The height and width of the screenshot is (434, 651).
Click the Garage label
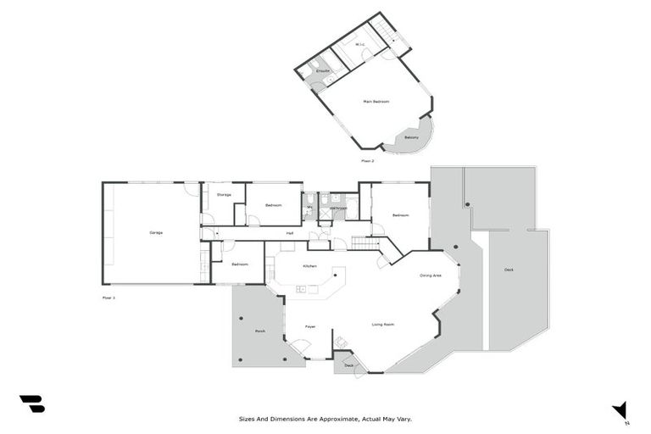[x=156, y=232]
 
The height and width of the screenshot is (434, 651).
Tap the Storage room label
[x=224, y=195]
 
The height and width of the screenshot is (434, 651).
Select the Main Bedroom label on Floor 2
[x=376, y=102]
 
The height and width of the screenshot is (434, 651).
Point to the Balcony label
[x=411, y=137]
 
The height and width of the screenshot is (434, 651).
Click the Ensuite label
[x=323, y=70]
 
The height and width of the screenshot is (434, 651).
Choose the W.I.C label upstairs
[x=360, y=45]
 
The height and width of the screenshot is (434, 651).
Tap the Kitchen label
[x=309, y=266]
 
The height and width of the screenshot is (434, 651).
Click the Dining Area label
[x=431, y=275]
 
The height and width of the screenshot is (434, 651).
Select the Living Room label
[x=384, y=325]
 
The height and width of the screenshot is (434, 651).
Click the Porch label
[x=260, y=331]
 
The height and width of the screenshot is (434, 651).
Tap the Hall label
[x=290, y=233]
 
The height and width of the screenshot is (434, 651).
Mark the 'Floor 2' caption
[x=367, y=160]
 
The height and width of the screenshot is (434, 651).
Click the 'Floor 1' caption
[x=108, y=298]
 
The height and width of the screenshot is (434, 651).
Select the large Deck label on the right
[x=509, y=270]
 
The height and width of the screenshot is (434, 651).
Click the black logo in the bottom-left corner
[x=31, y=403]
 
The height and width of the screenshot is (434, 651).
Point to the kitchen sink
[x=301, y=290]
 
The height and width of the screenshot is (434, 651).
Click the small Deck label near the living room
[x=348, y=365]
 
